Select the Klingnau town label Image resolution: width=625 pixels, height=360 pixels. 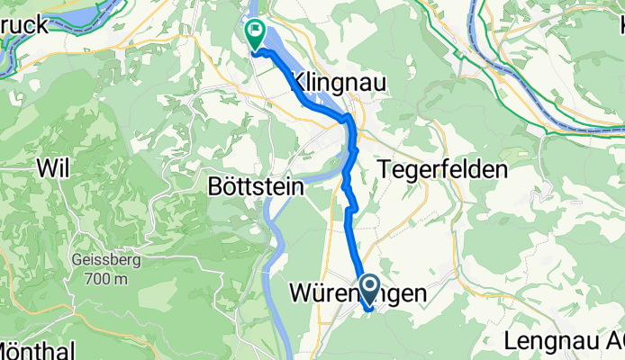tap(339, 83)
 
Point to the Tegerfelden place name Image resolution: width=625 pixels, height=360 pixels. tap(443, 168)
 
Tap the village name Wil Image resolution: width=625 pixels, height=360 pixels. tap(53, 166)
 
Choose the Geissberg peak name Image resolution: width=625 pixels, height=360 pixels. tap(102, 262)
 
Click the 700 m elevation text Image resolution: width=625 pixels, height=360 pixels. tap(102, 279)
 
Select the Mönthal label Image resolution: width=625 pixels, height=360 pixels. tap(36, 349)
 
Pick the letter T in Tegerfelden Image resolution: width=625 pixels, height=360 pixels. tap(387, 168)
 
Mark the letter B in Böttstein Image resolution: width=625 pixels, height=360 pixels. tap(214, 189)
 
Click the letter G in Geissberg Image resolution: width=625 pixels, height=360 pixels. tap(76, 262)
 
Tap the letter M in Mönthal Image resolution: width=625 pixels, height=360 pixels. tap(7, 349)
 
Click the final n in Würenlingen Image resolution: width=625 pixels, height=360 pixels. tap(442, 293)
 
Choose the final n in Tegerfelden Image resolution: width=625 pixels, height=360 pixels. tap(502, 168)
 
